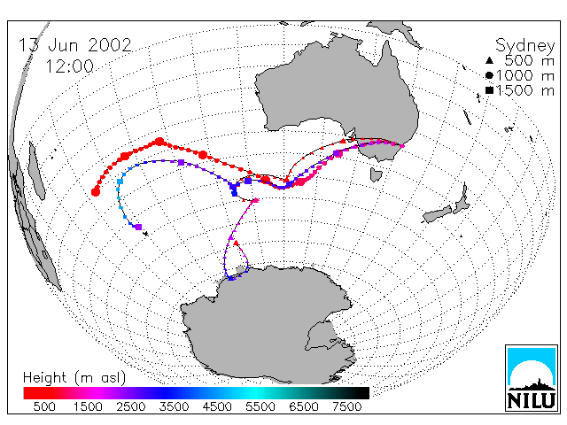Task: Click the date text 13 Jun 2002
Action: point(74,45)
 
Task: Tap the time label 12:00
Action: point(70,66)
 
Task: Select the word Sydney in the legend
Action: point(524,46)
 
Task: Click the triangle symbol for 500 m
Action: point(489,60)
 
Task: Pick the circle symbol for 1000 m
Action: point(489,75)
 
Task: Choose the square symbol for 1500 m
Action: point(489,90)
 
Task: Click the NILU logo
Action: point(532,378)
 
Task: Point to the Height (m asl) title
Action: point(74,378)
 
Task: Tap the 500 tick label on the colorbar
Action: point(44,406)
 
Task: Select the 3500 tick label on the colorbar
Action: point(174,406)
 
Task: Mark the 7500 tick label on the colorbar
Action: point(346,406)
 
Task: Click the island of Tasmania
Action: point(376,175)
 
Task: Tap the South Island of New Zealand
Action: point(439,215)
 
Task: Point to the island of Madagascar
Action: point(37,171)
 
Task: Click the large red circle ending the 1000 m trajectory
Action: point(96,192)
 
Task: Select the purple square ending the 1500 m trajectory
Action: point(138,227)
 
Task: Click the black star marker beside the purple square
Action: point(145,234)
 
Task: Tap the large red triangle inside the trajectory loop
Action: point(237,243)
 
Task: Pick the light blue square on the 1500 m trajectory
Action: point(120,182)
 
